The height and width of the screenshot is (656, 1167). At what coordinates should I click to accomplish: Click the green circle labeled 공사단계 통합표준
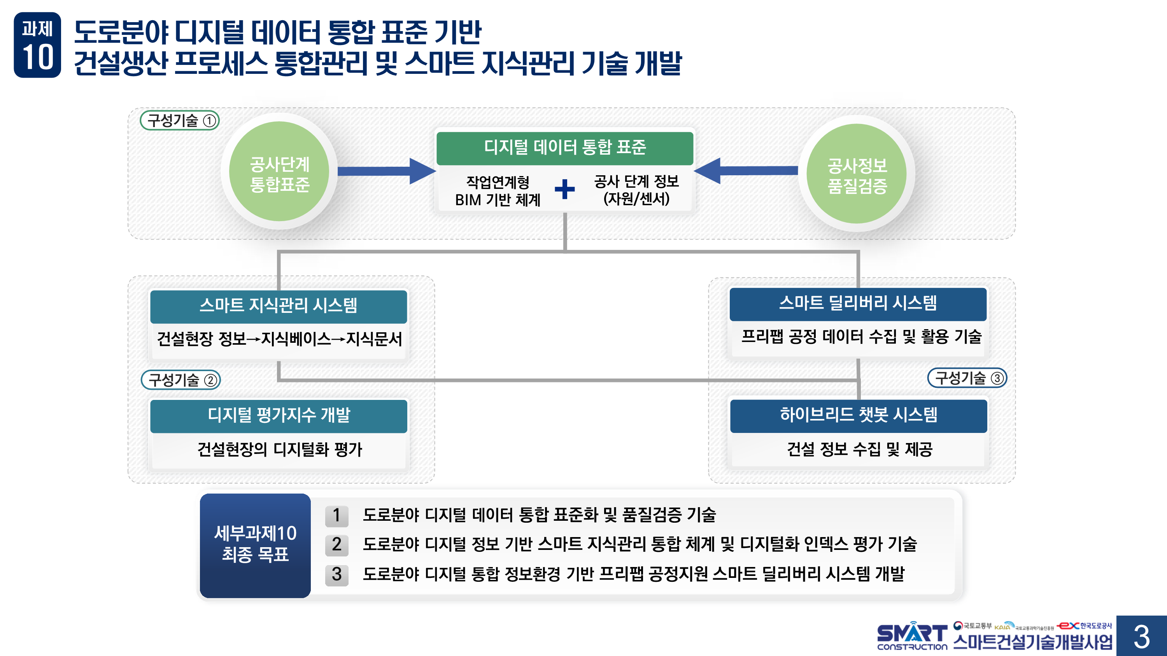279,172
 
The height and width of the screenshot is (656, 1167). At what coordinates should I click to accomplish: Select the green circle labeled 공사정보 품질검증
856,173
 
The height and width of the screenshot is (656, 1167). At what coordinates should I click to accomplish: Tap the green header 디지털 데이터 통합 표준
564,148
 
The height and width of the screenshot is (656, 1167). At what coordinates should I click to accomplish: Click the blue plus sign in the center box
564,189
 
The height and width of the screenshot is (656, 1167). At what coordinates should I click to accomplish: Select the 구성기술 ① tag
180,120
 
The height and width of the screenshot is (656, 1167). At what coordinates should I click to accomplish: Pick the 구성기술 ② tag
181,380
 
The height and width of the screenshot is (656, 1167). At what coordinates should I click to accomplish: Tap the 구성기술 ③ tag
967,378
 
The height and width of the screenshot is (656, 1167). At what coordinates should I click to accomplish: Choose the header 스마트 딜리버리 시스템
858,304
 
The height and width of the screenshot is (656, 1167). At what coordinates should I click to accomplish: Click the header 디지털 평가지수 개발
278,415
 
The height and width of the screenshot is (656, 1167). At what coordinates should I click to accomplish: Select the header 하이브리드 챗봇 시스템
858,415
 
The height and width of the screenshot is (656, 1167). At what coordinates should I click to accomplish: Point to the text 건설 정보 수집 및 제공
859,450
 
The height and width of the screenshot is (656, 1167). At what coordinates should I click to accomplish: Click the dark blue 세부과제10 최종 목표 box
255,545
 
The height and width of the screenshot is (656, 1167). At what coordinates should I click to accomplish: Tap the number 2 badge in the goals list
336,544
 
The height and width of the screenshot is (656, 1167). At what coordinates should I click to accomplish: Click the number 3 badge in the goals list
336,574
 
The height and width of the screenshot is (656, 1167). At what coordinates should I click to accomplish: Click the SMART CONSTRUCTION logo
911,637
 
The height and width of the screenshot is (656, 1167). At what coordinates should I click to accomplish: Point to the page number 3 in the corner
1141,636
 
